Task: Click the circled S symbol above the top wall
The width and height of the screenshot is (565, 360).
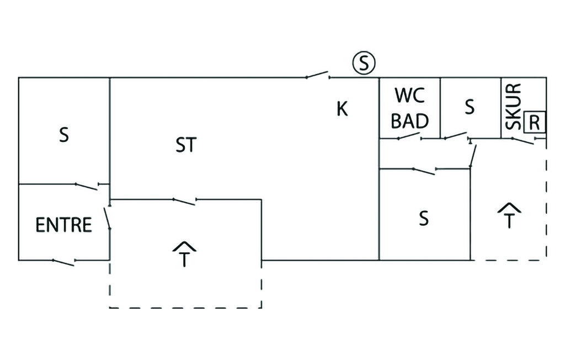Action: pos(364,63)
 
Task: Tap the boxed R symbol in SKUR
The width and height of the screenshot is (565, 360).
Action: pos(534,123)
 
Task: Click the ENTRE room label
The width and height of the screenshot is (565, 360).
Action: pos(63,225)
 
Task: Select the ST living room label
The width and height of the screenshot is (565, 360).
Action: pos(186,145)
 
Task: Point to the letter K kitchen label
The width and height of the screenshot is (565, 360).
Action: pos(342,109)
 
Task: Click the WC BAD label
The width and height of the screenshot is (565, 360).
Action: pos(409,108)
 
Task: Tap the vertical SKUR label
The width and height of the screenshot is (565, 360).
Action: pos(513,107)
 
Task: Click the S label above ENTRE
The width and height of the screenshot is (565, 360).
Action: pos(64,135)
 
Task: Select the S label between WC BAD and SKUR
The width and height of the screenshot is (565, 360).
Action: pos(470,107)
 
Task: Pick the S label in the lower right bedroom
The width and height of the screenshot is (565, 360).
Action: pos(423,219)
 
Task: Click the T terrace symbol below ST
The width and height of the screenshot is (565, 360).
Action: pos(184,254)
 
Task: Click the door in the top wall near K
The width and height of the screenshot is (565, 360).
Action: pos(317,75)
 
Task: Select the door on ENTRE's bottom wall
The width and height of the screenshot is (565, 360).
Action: pos(63,262)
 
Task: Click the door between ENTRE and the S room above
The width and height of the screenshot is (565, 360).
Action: pos(87,186)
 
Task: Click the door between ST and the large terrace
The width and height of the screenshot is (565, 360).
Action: pos(184,201)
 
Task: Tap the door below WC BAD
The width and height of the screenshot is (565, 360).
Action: pos(409,137)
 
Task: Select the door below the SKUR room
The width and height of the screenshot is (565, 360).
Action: pos(522,141)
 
